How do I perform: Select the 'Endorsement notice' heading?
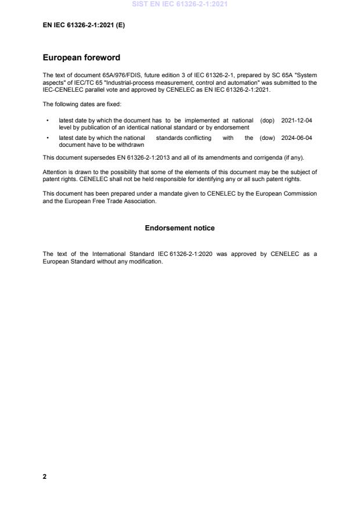(x=179, y=228)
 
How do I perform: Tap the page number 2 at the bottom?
(x=45, y=476)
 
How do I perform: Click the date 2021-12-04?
(x=297, y=120)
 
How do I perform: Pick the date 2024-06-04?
(x=297, y=138)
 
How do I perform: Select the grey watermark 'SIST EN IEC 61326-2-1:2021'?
(x=180, y=4)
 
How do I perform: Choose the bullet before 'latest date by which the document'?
(x=47, y=120)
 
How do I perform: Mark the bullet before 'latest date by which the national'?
(x=47, y=138)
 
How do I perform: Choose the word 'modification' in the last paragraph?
(x=148, y=260)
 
